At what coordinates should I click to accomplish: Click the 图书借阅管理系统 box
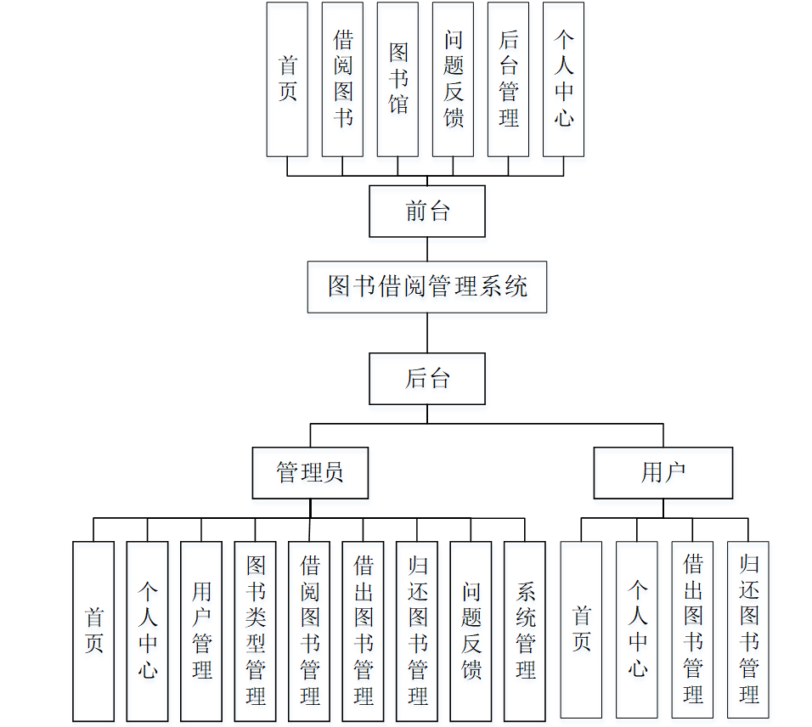[x=426, y=287]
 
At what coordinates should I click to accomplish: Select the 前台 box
[x=426, y=211]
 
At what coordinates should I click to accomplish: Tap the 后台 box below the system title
[x=426, y=379]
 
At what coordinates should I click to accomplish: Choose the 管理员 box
[x=310, y=472]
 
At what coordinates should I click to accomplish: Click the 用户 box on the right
[x=663, y=472]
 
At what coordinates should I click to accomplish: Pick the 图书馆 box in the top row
[x=398, y=79]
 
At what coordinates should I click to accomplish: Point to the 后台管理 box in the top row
[x=508, y=79]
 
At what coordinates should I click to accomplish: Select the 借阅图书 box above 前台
[x=342, y=79]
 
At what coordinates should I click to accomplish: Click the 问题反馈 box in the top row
[x=453, y=79]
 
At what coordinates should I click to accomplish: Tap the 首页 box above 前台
[x=287, y=79]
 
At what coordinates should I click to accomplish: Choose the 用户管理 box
[x=201, y=631]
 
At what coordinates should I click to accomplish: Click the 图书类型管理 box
[x=256, y=631]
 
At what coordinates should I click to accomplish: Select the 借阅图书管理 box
[x=309, y=631]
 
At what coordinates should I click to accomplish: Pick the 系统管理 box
[x=525, y=631]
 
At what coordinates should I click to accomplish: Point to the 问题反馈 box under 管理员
[x=471, y=631]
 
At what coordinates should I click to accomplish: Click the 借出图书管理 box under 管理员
[x=364, y=631]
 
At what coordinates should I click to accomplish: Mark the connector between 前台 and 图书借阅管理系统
[x=427, y=249]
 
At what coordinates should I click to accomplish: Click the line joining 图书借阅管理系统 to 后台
[x=427, y=333]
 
